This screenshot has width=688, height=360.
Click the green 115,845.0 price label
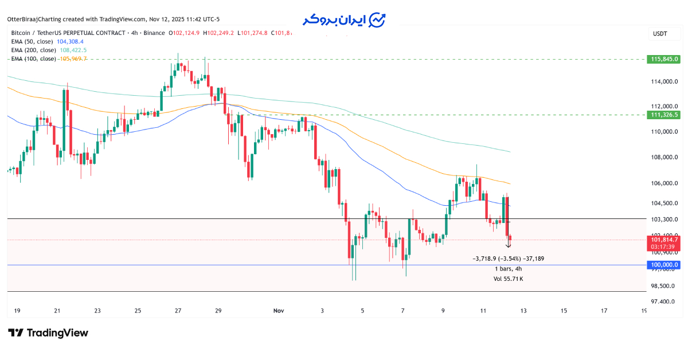[x=664, y=59]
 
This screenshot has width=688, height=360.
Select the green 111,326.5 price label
[x=664, y=115]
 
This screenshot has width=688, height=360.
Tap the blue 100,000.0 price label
[x=664, y=265]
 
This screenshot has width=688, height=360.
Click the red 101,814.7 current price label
[x=664, y=240]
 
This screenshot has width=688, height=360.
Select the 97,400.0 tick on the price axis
[x=664, y=301]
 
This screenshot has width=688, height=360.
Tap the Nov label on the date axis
[x=279, y=311]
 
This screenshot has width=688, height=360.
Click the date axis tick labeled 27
[x=178, y=311]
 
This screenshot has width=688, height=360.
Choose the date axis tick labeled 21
[x=57, y=311]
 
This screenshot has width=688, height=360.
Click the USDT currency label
[x=660, y=34]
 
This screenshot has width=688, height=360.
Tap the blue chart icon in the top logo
[x=377, y=20]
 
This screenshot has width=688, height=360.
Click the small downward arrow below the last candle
[x=509, y=245]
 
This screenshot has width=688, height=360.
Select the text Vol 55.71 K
[x=508, y=279]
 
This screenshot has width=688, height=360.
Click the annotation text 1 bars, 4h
[x=508, y=268]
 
